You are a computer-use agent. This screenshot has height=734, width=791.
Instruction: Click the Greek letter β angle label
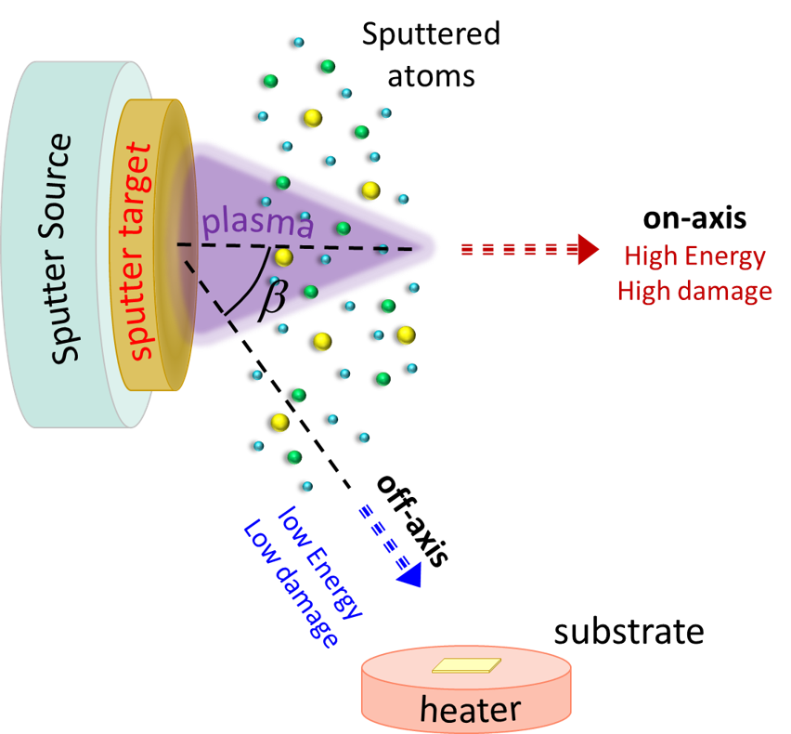click(x=271, y=298)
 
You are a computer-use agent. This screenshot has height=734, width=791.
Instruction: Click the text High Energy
click(x=694, y=256)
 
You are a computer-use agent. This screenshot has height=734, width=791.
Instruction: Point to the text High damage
click(x=694, y=291)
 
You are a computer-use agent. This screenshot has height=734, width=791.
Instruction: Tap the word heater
click(x=470, y=709)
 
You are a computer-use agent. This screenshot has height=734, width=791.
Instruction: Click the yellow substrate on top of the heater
click(x=467, y=665)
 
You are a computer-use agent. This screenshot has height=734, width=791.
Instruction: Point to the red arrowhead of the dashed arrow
click(x=588, y=250)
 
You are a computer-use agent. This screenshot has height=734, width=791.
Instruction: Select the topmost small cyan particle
click(x=298, y=43)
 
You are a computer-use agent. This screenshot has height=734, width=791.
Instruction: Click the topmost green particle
click(x=328, y=66)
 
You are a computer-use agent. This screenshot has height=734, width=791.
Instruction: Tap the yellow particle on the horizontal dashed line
click(x=283, y=256)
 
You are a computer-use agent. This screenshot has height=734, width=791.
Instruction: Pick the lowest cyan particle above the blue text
click(x=307, y=486)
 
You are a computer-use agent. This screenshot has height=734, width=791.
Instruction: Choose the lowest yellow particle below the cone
click(x=279, y=423)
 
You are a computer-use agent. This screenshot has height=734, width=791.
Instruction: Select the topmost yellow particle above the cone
click(x=313, y=118)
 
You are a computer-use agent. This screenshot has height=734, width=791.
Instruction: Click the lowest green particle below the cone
click(x=294, y=457)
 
